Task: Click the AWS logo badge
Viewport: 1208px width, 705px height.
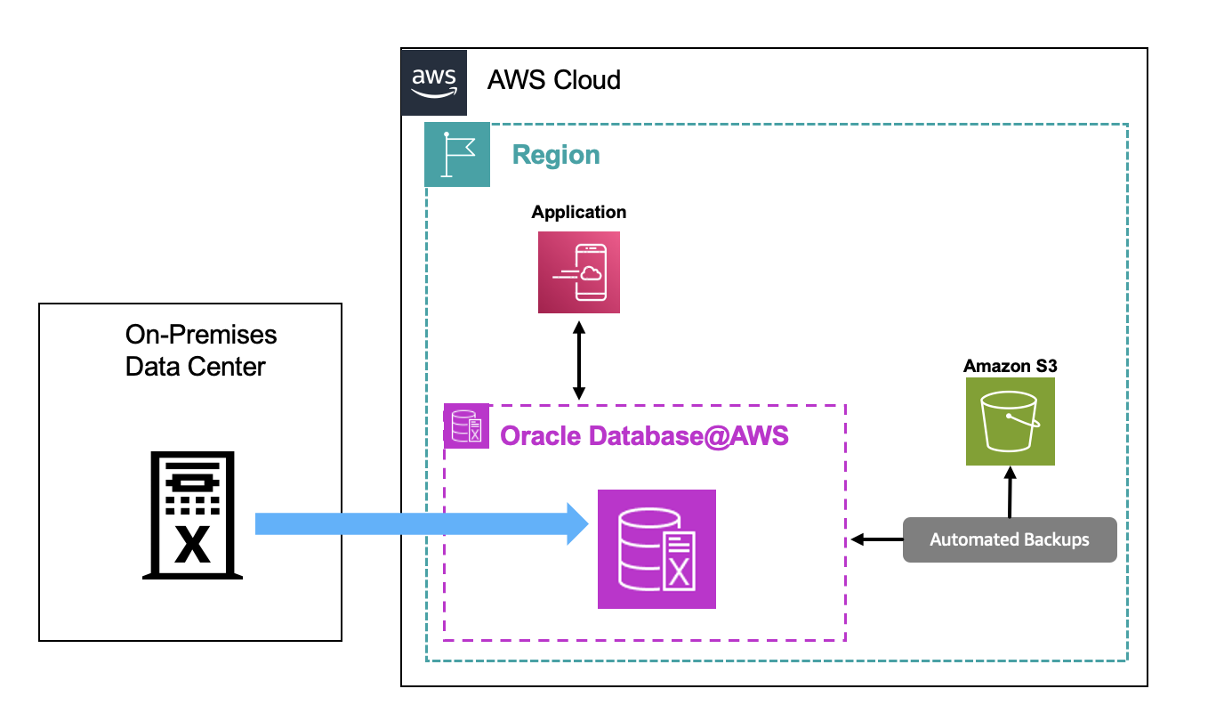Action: (x=434, y=82)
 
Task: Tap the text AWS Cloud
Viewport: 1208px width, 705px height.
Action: (x=553, y=80)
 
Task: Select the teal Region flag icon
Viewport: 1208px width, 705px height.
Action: (x=457, y=154)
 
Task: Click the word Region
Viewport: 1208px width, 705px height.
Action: (x=556, y=155)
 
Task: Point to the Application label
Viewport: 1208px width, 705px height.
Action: (x=579, y=212)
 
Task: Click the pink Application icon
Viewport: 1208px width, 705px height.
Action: (x=579, y=272)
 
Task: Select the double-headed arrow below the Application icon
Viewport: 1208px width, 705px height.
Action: (x=579, y=361)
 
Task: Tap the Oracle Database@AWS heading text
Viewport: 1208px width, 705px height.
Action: (x=645, y=436)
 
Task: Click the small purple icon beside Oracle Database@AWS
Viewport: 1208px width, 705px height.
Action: (x=466, y=425)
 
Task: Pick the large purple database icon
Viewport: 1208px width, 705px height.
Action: (x=656, y=549)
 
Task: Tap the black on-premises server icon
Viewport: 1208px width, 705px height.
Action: (x=191, y=515)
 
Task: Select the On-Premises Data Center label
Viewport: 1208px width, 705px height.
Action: (x=201, y=350)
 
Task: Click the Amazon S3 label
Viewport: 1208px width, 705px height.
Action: (x=1010, y=366)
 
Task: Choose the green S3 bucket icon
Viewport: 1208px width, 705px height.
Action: (x=1011, y=421)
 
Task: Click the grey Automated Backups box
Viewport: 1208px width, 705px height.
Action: (x=1010, y=539)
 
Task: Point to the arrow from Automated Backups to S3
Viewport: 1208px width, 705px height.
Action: (x=1011, y=492)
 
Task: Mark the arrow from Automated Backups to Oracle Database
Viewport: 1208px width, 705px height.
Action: (x=876, y=539)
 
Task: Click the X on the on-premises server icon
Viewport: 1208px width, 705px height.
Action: (x=191, y=546)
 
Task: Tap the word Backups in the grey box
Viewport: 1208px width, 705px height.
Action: (x=1058, y=539)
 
